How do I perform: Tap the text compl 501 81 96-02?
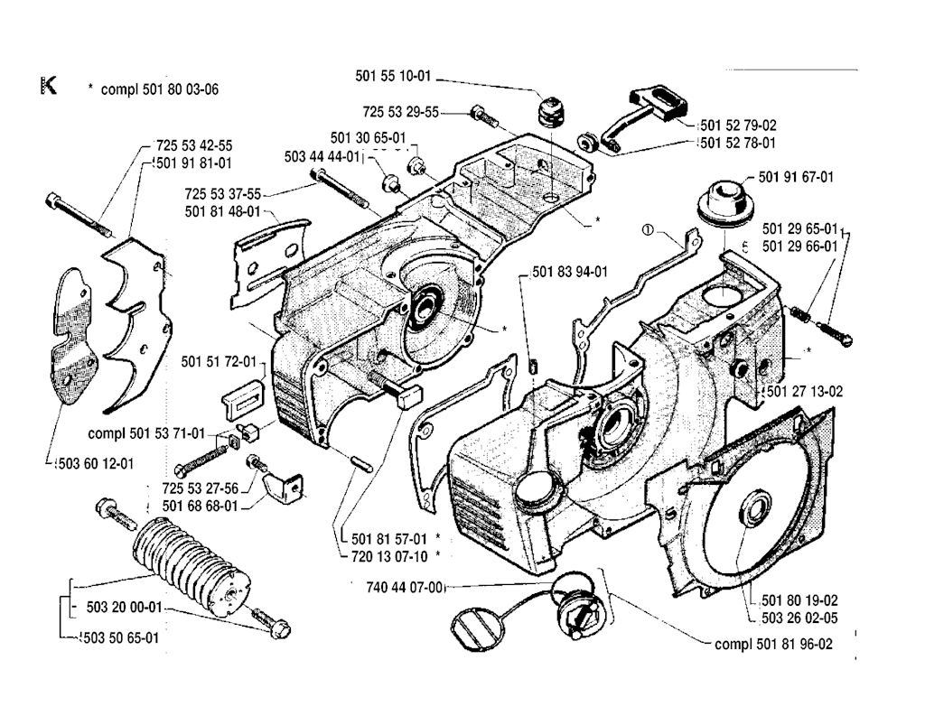(x=772, y=645)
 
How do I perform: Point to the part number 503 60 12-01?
(x=91, y=464)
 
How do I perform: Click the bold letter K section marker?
(x=48, y=87)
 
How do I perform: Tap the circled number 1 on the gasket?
(x=647, y=229)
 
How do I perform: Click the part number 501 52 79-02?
(x=737, y=125)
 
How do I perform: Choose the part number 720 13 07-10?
(x=386, y=554)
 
